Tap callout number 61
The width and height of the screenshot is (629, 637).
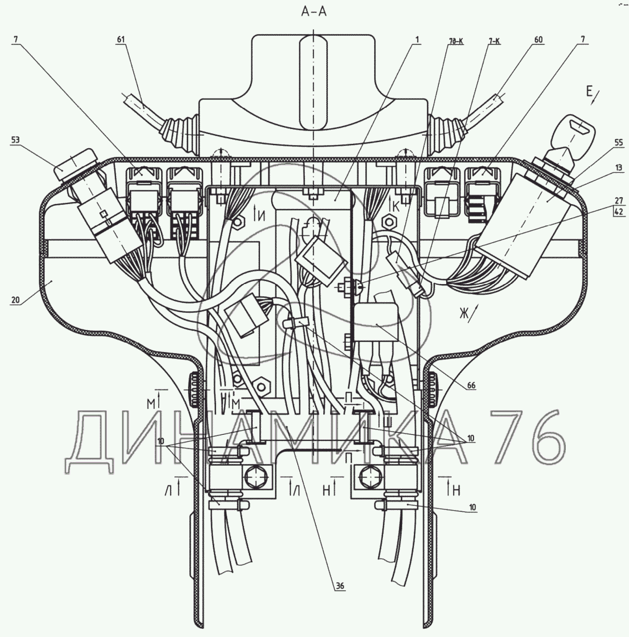(121, 40)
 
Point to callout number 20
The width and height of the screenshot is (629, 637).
(16, 300)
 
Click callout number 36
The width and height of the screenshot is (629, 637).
(340, 586)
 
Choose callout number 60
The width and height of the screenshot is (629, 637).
(538, 40)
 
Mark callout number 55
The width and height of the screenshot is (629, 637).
(618, 143)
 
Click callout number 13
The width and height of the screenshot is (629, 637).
(618, 167)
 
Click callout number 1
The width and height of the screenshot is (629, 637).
(417, 40)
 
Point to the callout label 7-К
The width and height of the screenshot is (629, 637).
(494, 40)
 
